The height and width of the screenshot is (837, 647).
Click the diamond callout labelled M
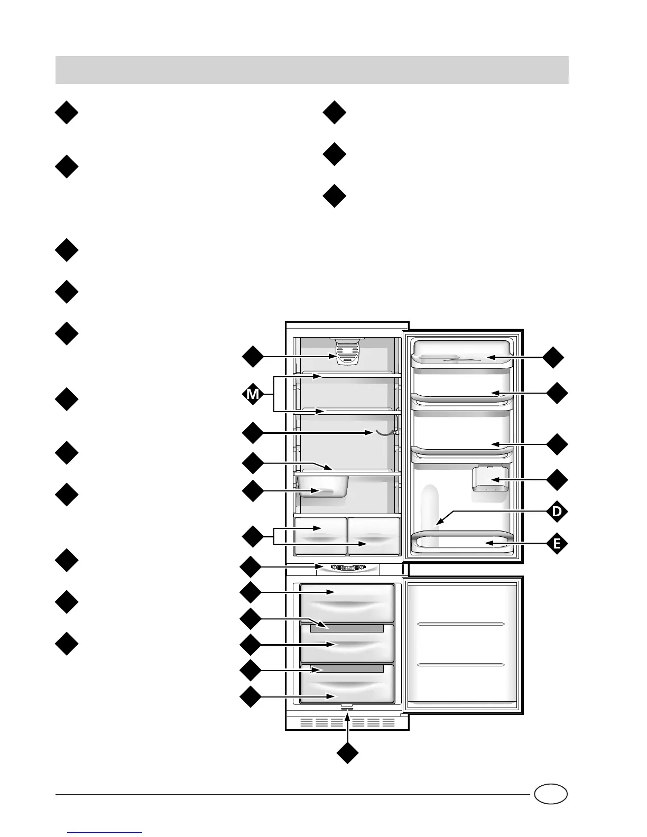click(253, 394)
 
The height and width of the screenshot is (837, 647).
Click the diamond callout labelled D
click(556, 512)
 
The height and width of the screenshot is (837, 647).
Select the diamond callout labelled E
click(556, 543)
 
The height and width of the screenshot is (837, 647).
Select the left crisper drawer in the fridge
click(320, 535)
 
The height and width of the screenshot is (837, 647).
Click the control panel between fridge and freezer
click(348, 569)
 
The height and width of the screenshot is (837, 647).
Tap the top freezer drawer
click(347, 602)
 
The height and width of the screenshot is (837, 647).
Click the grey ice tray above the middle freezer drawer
click(346, 628)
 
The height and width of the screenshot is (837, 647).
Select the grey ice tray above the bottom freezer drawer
click(346, 669)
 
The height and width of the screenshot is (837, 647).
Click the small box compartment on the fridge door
click(490, 479)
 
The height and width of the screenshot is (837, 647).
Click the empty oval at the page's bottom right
click(550, 794)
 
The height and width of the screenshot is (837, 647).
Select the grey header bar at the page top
click(312, 70)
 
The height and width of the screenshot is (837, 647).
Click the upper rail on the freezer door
click(461, 624)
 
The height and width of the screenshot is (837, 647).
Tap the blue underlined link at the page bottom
click(105, 833)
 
